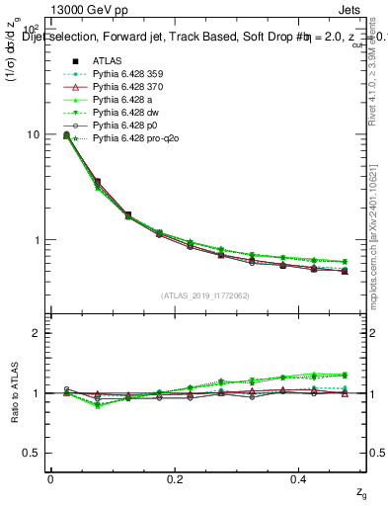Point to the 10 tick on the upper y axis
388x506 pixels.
click(33, 134)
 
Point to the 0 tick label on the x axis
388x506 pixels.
click(50, 478)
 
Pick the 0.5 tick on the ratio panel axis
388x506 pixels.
click(33, 453)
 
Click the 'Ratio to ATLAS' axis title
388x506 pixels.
click(13, 392)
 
